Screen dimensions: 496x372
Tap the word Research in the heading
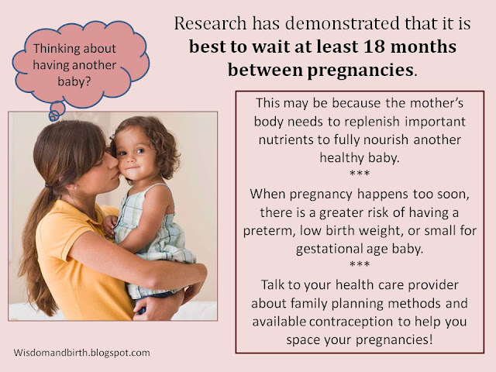pos(210,23)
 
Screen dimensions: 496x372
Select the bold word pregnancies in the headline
pos(360,71)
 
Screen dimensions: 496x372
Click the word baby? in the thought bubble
pos(74,82)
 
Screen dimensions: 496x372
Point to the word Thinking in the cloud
pos(52,49)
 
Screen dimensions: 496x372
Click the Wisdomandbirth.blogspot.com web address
pos(81,353)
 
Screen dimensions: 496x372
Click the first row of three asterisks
pos(360,173)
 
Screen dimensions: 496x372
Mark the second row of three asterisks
pos(360,263)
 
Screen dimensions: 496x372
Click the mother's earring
pos(76,188)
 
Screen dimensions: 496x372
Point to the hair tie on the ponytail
pos(48,185)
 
